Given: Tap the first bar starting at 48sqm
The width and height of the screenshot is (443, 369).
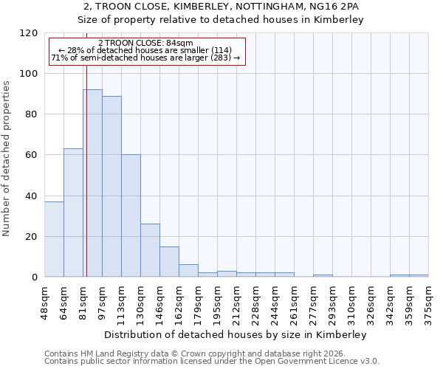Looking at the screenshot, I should [54, 239].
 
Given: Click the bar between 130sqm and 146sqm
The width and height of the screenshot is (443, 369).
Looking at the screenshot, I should [150, 250].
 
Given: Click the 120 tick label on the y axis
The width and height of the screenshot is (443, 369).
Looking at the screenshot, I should [30, 33].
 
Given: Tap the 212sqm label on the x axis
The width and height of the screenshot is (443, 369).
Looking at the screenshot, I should [237, 300].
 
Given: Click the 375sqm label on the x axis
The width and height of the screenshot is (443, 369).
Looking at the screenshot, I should [429, 300].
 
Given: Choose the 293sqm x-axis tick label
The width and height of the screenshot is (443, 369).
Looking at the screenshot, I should [333, 300].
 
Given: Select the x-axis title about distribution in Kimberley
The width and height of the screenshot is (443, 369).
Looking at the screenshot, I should [236, 334].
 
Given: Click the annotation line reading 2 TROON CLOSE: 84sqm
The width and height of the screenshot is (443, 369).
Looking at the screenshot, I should [145, 43].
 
